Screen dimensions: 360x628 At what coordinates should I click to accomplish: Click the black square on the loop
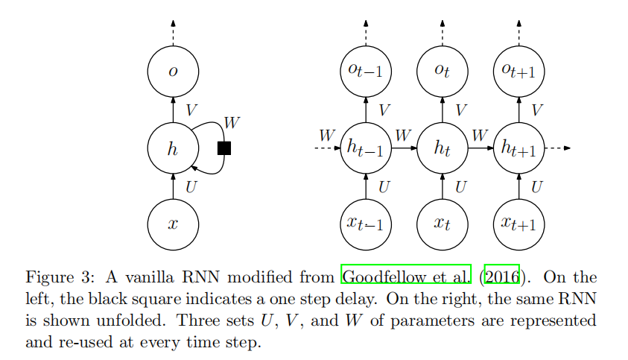(223, 148)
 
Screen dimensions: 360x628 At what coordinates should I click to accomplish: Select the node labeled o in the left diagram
(173, 72)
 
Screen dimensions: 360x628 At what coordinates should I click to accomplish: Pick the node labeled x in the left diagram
(173, 224)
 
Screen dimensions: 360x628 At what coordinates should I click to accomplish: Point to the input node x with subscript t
(443, 224)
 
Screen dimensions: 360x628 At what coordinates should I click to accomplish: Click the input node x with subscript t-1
(366, 224)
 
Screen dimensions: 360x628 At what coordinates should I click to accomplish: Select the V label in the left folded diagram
(191, 110)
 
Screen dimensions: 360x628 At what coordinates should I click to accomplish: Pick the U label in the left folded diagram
(191, 187)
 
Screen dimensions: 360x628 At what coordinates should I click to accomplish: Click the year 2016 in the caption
(504, 277)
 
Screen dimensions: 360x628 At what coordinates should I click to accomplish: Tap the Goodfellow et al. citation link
(407, 277)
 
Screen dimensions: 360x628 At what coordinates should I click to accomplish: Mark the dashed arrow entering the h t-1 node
(326, 148)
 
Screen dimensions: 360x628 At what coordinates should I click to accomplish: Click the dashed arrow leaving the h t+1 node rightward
(558, 148)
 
